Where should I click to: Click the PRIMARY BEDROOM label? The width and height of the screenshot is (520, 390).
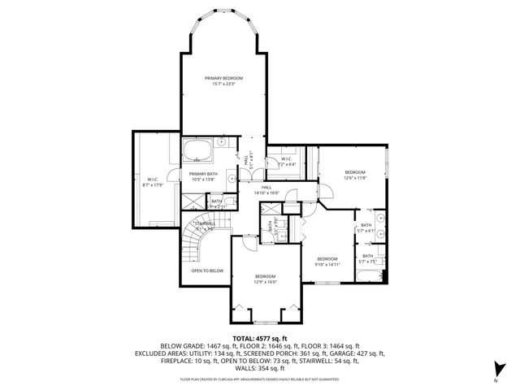point(223,78)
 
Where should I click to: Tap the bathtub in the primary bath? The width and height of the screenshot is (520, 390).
point(197,150)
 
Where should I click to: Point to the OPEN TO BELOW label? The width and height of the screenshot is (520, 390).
point(207,271)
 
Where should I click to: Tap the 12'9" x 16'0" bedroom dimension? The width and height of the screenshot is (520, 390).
point(265,283)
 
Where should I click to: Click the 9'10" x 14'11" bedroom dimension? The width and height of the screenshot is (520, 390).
point(327,264)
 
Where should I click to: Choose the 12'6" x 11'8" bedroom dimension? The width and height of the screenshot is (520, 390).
point(355,178)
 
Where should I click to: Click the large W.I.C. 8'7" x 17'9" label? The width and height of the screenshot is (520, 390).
point(153,183)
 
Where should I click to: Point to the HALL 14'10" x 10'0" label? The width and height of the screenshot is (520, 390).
point(266,190)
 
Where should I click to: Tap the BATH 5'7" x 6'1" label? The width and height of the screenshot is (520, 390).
point(366,228)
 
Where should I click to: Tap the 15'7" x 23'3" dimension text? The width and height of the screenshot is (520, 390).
point(223,84)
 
